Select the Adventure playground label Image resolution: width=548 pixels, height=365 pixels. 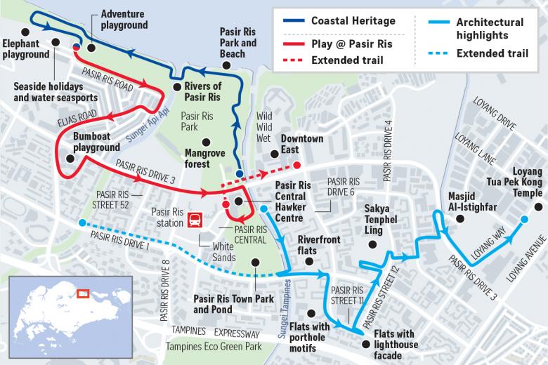124,19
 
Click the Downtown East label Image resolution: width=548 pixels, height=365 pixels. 302,144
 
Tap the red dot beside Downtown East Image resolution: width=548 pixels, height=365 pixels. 296,166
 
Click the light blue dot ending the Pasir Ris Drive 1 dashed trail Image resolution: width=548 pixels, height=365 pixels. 83,223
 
